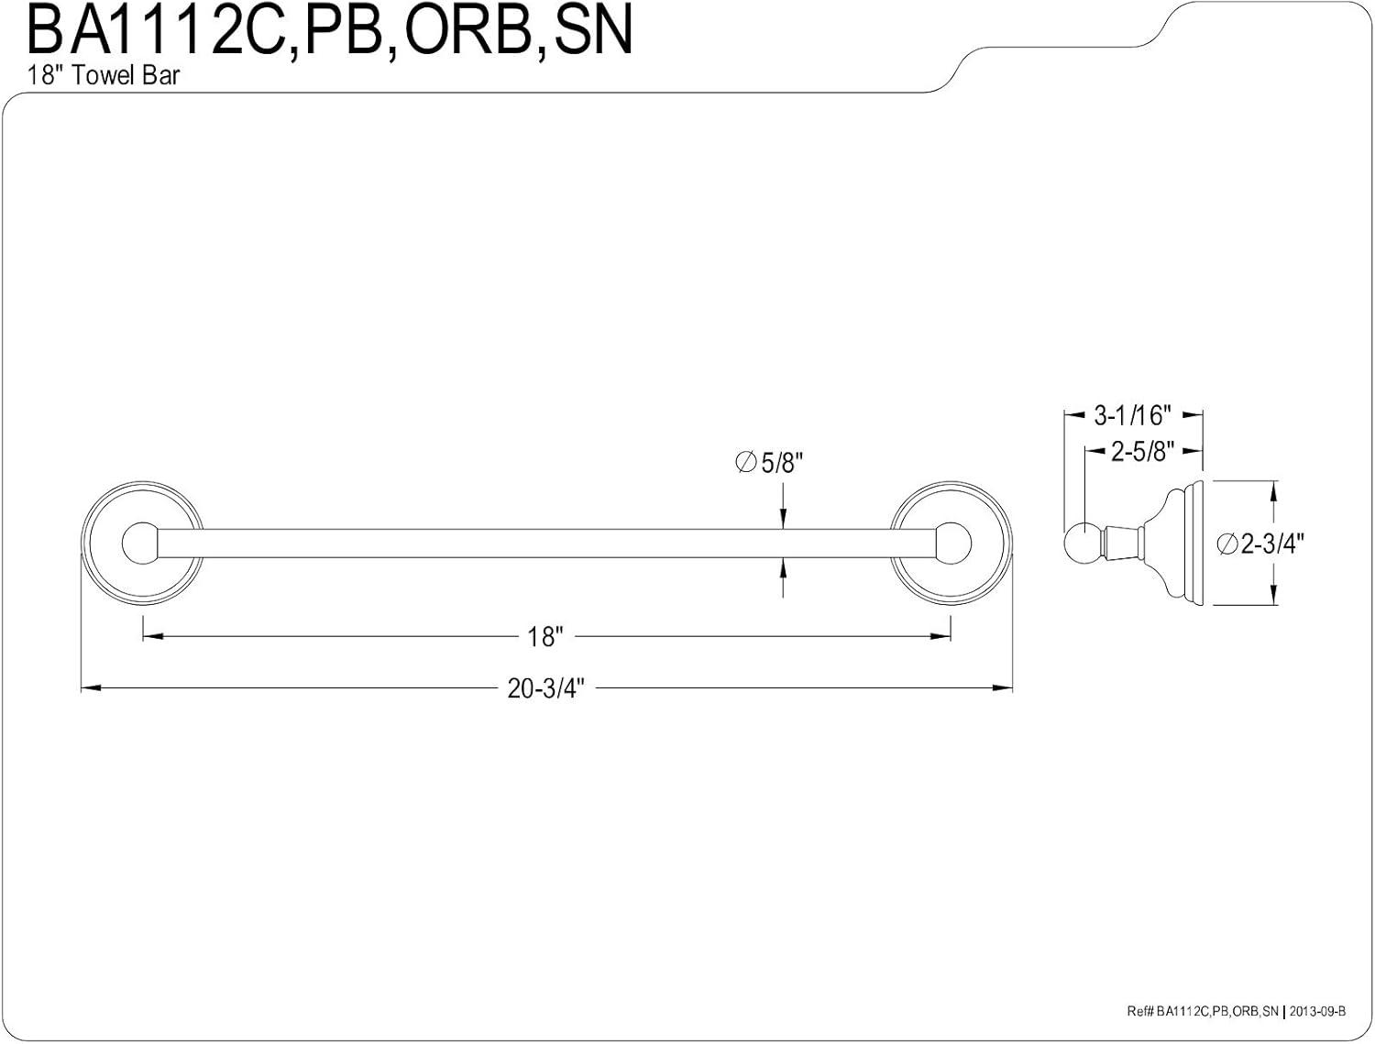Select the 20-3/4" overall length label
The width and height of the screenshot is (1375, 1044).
pyautogui.click(x=545, y=688)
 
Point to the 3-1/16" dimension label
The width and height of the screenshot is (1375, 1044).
pyautogui.click(x=1132, y=416)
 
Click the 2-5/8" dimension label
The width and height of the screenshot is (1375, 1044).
pyautogui.click(x=1143, y=451)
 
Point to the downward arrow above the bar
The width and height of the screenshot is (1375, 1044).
pyautogui.click(x=783, y=521)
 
